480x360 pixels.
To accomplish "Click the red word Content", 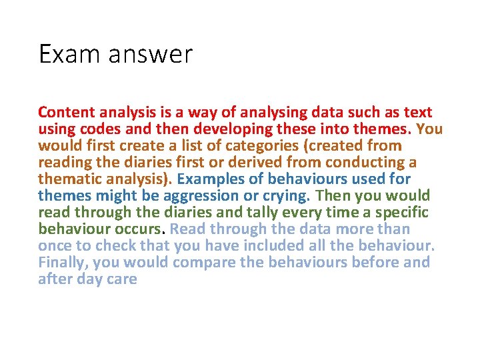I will point(67,113).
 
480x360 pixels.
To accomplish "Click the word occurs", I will point(140,229).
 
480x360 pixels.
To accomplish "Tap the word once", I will point(55,246).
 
